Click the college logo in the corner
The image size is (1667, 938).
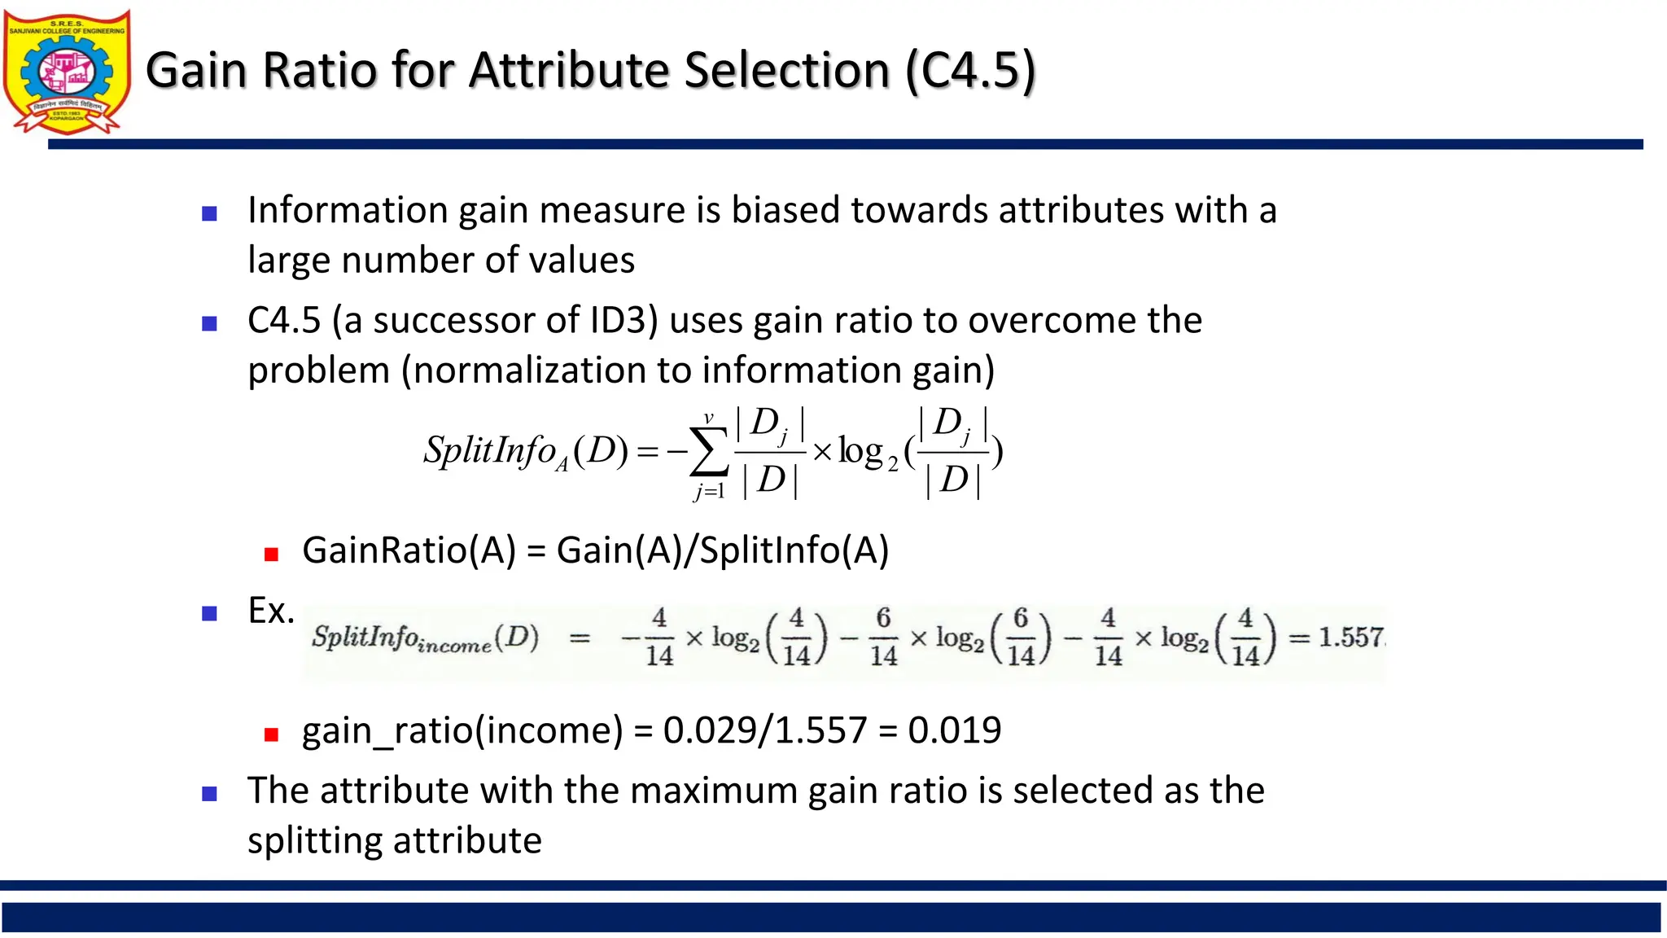[x=67, y=72]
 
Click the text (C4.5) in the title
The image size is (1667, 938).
[x=970, y=70]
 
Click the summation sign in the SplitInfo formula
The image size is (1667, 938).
[x=708, y=453]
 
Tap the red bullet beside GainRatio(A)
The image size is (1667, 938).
[x=272, y=554]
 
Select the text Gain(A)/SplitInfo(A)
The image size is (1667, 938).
[x=723, y=551]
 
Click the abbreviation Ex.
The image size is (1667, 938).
[x=270, y=611]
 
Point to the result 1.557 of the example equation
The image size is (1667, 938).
[x=1350, y=637]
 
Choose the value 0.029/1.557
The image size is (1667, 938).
[x=765, y=730]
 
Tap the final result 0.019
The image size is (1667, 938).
[x=954, y=730]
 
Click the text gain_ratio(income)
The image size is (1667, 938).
[x=462, y=730]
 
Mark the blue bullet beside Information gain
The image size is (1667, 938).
[x=209, y=214]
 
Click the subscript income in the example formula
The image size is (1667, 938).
[x=454, y=646]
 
